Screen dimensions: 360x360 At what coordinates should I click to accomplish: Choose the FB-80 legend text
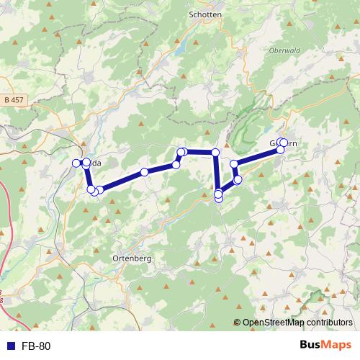(35, 346)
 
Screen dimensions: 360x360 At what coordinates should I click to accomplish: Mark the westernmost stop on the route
(76, 163)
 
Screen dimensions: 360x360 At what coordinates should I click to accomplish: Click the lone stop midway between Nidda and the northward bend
(145, 171)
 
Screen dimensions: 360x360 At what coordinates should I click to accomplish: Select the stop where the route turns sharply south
(215, 152)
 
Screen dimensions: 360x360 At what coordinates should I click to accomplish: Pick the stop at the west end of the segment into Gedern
(234, 164)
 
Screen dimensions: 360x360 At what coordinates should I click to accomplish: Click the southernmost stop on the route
(219, 199)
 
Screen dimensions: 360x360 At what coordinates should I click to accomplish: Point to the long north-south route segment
(216, 173)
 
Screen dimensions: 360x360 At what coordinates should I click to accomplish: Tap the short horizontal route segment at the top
(199, 151)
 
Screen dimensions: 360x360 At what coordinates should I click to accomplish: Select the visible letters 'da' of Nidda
(96, 163)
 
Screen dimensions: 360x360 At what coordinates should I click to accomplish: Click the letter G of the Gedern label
(274, 143)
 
